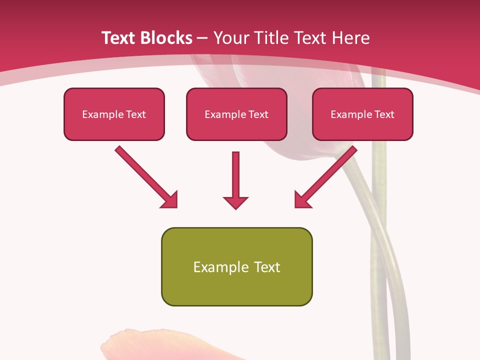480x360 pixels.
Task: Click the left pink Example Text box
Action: [x=114, y=114]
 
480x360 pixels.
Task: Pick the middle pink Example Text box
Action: [x=236, y=114]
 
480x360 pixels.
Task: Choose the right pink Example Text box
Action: [x=362, y=114]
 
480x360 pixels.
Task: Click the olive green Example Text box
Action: [x=236, y=267]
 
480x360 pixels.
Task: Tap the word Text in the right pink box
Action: [x=384, y=114]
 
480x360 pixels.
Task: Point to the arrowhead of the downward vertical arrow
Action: [x=235, y=202]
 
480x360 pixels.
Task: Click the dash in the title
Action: [x=202, y=38]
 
